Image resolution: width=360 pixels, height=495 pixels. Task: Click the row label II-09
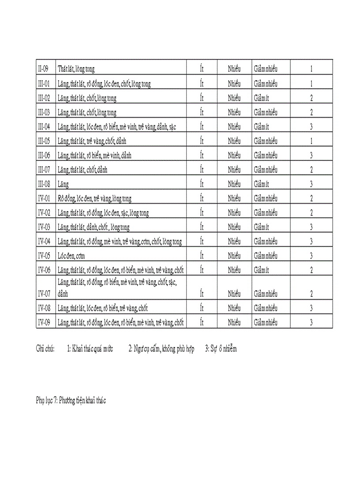coord(43,69)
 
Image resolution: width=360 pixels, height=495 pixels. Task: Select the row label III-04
coord(44,127)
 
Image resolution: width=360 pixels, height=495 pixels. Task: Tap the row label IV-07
coord(44,294)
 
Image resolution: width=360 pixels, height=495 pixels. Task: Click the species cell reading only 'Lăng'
coord(63,184)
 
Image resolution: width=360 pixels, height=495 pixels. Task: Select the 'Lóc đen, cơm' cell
coord(71,256)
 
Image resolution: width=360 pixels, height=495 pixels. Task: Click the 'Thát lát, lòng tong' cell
coord(76,69)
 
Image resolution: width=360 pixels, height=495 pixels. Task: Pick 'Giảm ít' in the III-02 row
coord(262,98)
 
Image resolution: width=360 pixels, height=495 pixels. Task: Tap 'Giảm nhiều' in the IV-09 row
coord(266,323)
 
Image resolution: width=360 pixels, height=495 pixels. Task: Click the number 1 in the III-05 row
coord(311,141)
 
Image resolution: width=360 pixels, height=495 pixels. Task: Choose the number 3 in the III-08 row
coord(311,184)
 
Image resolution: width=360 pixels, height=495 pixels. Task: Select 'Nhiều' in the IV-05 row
coord(234,256)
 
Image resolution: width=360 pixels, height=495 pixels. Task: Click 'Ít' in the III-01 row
coord(202,83)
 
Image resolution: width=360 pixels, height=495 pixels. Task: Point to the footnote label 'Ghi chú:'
coord(45,349)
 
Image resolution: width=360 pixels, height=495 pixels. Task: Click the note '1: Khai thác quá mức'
coord(90,349)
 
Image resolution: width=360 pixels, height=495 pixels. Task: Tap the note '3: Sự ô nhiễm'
coord(221,349)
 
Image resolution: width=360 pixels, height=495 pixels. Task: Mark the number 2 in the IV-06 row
coord(311,270)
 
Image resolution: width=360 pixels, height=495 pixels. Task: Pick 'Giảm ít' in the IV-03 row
coord(262,227)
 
